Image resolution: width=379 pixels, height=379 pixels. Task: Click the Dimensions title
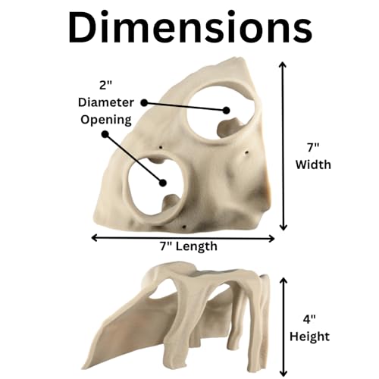click(190, 28)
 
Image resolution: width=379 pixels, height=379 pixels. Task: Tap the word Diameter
click(106, 102)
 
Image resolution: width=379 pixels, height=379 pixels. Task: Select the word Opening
click(106, 120)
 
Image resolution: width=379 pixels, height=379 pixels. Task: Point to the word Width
click(313, 164)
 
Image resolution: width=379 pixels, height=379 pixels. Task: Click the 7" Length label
click(189, 246)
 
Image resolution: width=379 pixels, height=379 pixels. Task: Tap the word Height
click(309, 337)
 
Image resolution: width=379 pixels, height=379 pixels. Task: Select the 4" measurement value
click(309, 320)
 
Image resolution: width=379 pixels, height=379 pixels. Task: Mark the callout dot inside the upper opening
click(227, 111)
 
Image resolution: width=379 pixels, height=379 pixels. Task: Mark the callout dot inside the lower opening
click(163, 183)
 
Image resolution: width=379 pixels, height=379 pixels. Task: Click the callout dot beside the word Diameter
click(144, 103)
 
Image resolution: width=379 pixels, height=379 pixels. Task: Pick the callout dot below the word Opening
click(105, 134)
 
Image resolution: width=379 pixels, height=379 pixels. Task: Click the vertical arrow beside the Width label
click(283, 146)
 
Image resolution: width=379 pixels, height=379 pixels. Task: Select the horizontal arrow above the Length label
click(183, 238)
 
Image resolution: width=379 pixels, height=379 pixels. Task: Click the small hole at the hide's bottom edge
click(184, 227)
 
